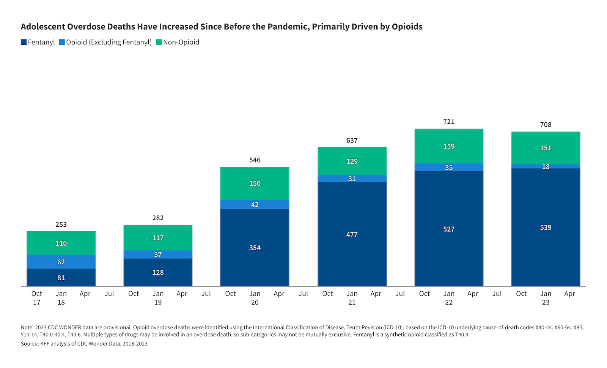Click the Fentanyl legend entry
click(x=38, y=42)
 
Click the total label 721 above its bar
click(x=449, y=122)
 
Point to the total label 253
click(x=61, y=224)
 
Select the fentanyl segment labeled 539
click(x=546, y=227)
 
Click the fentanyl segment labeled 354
click(x=255, y=248)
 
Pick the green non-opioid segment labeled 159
click(x=449, y=146)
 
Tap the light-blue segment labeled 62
click(x=61, y=262)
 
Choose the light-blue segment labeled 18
click(x=546, y=167)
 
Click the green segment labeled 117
click(x=158, y=238)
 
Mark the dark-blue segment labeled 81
click(x=61, y=278)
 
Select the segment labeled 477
click(x=352, y=235)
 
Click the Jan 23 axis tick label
click(x=546, y=298)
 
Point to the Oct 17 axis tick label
click(x=37, y=298)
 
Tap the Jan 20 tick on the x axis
click(x=255, y=298)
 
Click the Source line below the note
click(x=84, y=344)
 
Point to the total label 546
click(x=255, y=160)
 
